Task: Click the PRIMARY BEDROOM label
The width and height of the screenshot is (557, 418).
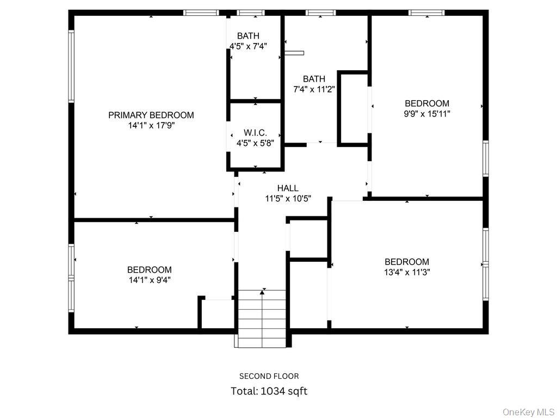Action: pos(151,115)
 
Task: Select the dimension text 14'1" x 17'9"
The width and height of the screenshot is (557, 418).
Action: pos(151,125)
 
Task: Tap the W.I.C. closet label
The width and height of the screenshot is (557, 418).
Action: pos(255,133)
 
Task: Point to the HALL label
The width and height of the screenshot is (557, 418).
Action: pos(288,188)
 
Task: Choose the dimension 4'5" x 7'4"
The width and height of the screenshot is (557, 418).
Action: pos(248,47)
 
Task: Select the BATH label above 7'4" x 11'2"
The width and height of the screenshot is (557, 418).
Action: pos(314,79)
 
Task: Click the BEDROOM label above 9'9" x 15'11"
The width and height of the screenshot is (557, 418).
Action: pos(427,103)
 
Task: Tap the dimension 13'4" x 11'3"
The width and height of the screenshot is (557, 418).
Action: pos(407,272)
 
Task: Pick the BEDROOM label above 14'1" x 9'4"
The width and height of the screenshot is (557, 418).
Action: pos(149,269)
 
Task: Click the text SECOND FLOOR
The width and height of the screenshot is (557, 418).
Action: pos(269,376)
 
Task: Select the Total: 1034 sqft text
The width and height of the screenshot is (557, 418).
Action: pos(269,391)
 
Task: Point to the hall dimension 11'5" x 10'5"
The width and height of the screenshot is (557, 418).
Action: pos(288,199)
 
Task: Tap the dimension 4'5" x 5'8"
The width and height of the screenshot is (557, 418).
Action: pos(255,143)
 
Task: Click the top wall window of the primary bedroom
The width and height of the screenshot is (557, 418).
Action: pos(201,13)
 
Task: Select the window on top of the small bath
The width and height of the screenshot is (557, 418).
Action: pos(251,13)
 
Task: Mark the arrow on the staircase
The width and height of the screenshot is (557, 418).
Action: pos(263,293)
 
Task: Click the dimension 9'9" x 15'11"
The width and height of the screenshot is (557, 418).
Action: pos(427,114)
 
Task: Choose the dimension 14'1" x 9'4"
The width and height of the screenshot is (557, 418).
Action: pos(149,280)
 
